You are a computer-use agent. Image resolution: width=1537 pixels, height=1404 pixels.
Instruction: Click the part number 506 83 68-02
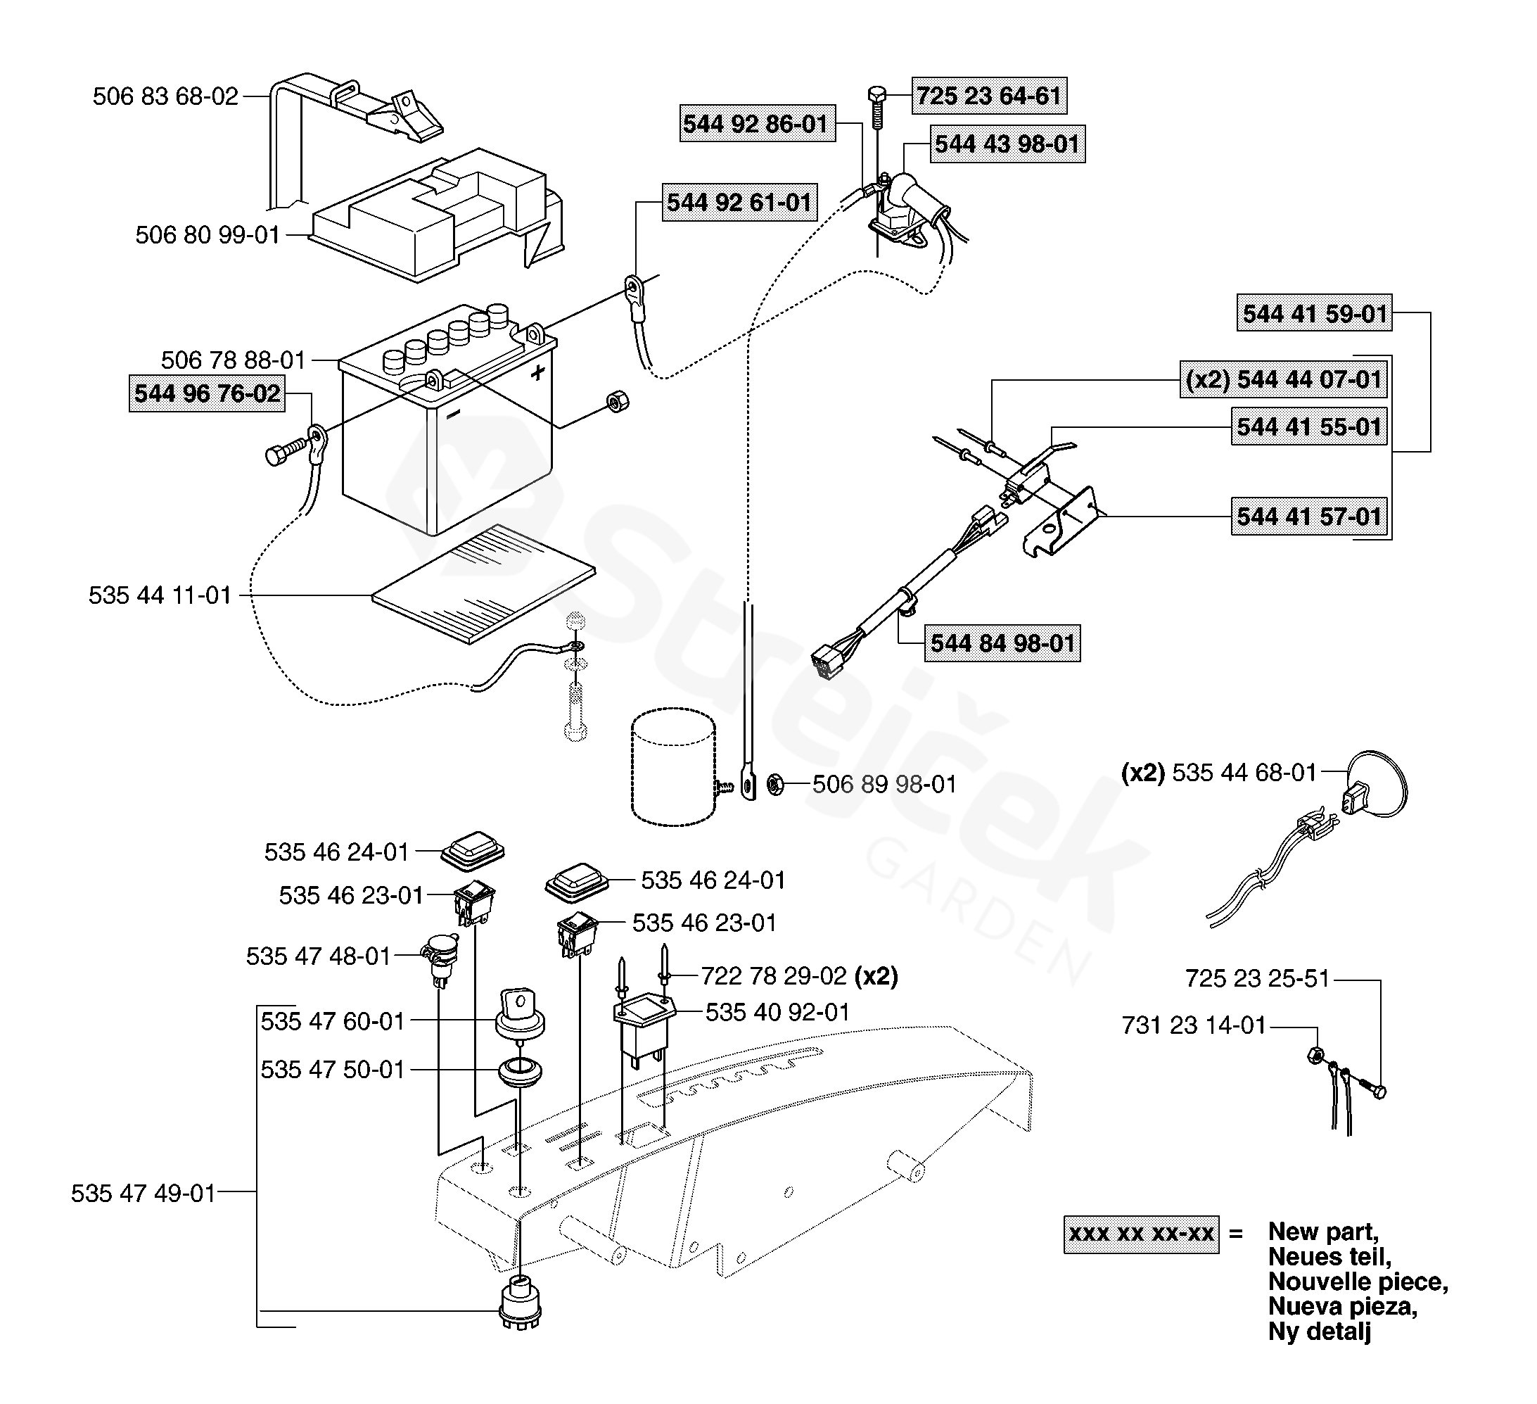tap(165, 97)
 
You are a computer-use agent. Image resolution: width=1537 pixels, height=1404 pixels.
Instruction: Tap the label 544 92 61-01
tap(739, 202)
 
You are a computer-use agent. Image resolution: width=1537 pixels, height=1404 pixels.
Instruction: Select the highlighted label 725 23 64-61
tap(989, 96)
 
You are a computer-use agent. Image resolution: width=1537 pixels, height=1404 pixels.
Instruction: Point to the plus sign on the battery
tap(538, 372)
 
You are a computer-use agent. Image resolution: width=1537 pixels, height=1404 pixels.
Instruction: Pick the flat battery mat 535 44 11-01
tap(483, 583)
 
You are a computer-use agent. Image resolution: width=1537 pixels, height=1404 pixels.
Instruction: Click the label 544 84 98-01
tap(1002, 643)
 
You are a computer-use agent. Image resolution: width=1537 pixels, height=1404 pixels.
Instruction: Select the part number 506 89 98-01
tap(884, 784)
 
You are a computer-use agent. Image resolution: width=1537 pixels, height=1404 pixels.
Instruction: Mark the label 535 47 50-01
tap(333, 1070)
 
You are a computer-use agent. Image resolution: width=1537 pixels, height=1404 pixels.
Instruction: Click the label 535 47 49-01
tap(144, 1194)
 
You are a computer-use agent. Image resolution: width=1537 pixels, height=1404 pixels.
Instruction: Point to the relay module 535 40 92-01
tap(644, 1026)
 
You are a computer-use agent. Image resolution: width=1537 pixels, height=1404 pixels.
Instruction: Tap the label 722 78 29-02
tap(773, 976)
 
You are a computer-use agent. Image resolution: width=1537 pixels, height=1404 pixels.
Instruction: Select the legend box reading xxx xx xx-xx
tap(1140, 1234)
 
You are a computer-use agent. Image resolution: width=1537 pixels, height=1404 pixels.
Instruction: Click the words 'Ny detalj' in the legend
tap(1319, 1332)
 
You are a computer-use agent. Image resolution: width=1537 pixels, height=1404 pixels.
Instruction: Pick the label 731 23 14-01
tap(1193, 1026)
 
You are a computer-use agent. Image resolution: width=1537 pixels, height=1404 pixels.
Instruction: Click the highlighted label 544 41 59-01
tap(1313, 313)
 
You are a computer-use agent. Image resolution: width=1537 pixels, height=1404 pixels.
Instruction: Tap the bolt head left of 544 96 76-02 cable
tap(274, 456)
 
